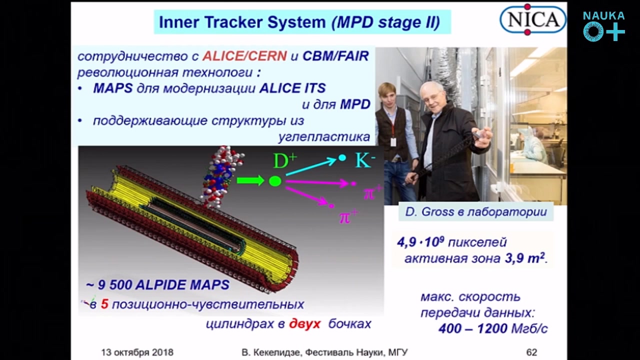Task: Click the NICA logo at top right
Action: [x=533, y=19]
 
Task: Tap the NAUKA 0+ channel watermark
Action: [x=603, y=26]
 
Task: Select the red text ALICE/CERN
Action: [x=244, y=56]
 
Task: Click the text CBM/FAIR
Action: [x=335, y=56]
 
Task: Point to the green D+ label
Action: [x=285, y=160]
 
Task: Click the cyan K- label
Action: [x=365, y=160]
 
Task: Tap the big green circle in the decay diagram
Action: [x=275, y=181]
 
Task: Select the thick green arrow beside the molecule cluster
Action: [x=250, y=180]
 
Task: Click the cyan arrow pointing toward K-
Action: [x=311, y=166]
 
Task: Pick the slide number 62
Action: [x=531, y=352]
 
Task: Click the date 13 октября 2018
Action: [x=137, y=352]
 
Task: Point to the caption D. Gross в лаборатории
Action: [x=476, y=212]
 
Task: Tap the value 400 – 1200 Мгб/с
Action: [x=493, y=328]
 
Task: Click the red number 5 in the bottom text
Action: [x=104, y=304]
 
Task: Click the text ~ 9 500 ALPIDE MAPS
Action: [x=157, y=285]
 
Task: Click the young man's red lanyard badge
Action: [x=393, y=142]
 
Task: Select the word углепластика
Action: [x=324, y=137]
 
